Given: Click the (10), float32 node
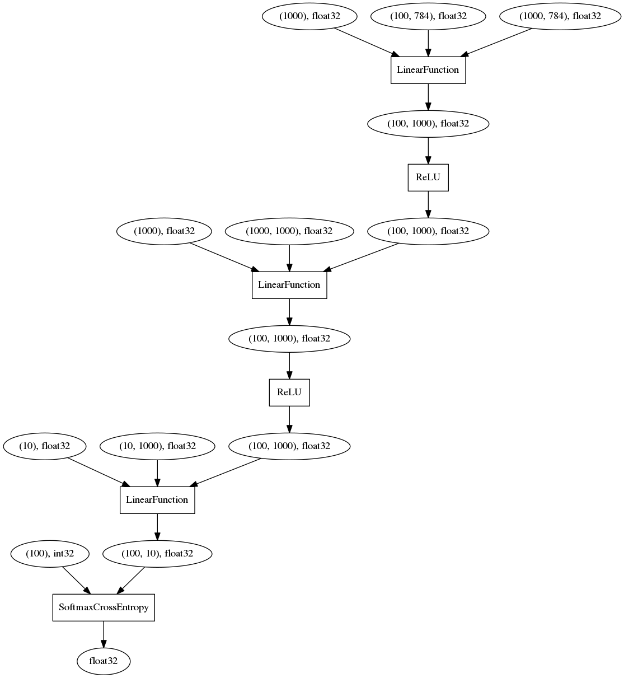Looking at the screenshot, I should pyautogui.click(x=45, y=446).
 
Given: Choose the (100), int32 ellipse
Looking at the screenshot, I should pyautogui.click(x=50, y=554).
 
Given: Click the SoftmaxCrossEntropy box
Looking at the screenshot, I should pyautogui.click(x=104, y=607).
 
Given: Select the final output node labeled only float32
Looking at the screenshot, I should pyautogui.click(x=104, y=661).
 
